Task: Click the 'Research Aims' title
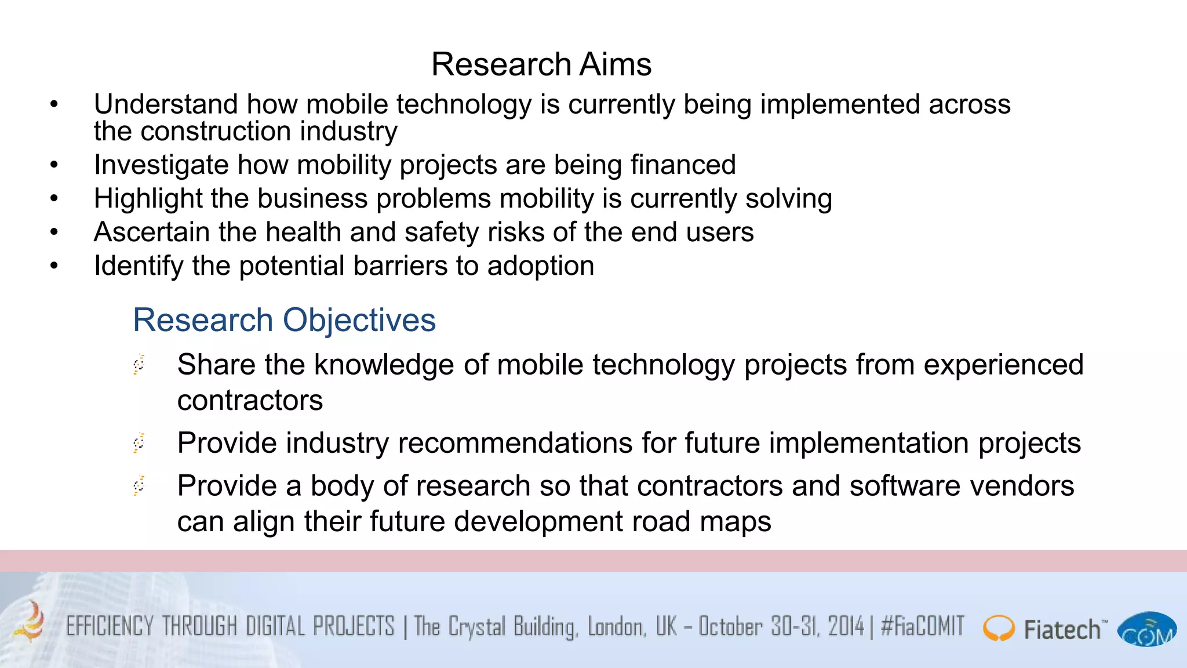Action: (x=541, y=64)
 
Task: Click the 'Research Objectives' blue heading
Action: (x=284, y=320)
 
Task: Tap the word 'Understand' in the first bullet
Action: (x=165, y=104)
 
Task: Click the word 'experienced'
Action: (x=1003, y=365)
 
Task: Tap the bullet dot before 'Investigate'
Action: (x=54, y=165)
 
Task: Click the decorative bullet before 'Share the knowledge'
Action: (x=139, y=365)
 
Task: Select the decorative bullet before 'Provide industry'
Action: (x=139, y=443)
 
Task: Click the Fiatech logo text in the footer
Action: (x=1062, y=630)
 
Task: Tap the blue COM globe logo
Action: (x=1147, y=630)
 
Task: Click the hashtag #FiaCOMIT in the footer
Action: (x=922, y=627)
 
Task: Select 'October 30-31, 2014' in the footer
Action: (x=781, y=627)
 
